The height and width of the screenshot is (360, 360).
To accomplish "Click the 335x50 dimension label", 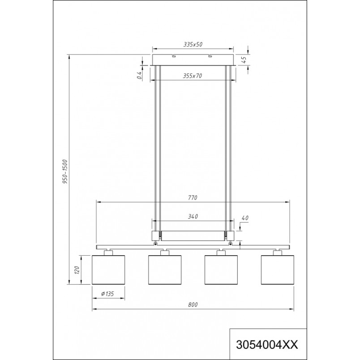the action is [193, 44].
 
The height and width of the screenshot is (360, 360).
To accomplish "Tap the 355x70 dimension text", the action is [193, 76].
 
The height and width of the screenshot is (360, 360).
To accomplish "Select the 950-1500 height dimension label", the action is [65, 171].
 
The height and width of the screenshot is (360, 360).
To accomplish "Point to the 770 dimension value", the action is [193, 197].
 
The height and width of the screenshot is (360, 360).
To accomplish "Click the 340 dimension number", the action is [193, 216].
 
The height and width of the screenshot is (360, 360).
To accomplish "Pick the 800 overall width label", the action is [193, 304].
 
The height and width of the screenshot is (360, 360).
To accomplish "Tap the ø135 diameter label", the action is [107, 294].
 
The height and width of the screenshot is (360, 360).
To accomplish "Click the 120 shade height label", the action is [77, 270].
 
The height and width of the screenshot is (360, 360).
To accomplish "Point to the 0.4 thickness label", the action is [139, 75].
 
